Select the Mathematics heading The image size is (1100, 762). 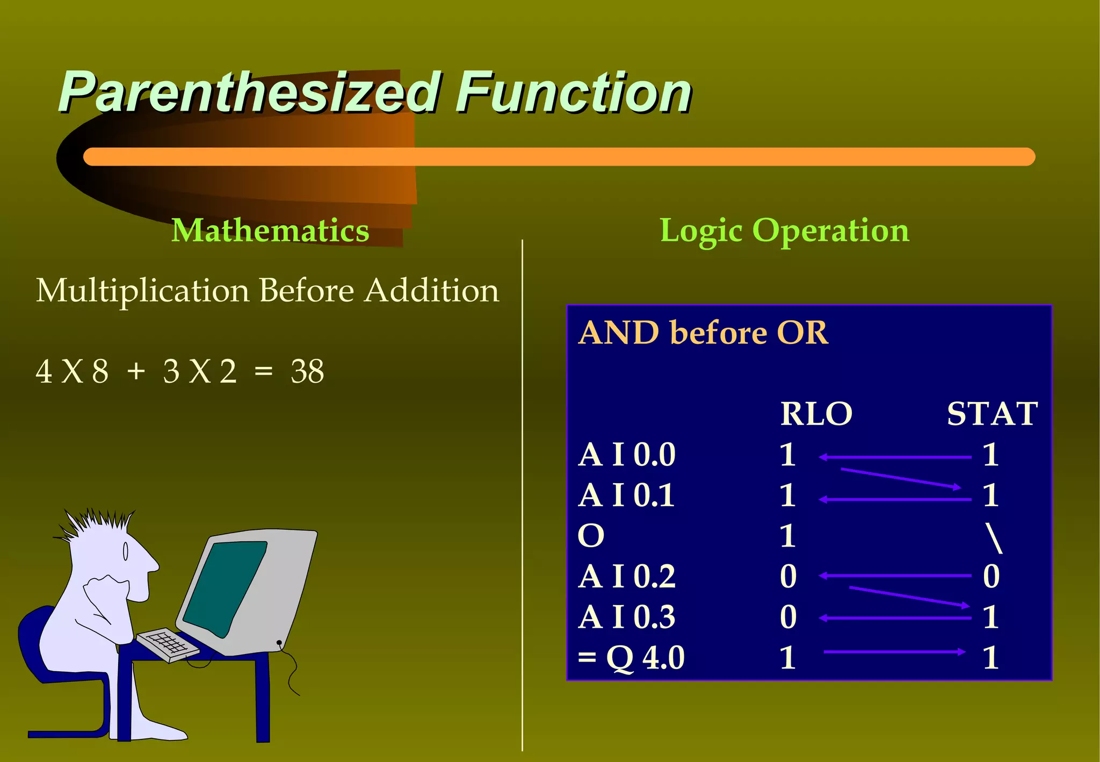270,231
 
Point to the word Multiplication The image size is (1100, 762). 143,291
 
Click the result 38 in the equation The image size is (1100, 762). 307,371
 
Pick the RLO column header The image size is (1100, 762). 816,414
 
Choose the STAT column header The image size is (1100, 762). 992,414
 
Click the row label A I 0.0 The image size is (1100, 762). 626,455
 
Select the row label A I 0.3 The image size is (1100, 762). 626,617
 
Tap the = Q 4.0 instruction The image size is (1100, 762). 631,657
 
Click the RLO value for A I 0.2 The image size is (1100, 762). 788,577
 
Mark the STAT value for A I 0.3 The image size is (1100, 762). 991,617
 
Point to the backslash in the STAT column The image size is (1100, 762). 994,538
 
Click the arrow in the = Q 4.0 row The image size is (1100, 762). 894,652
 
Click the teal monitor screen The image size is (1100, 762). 226,586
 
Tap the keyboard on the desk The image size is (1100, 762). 167,644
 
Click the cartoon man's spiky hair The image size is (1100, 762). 97,524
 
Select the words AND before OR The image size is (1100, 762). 704,333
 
